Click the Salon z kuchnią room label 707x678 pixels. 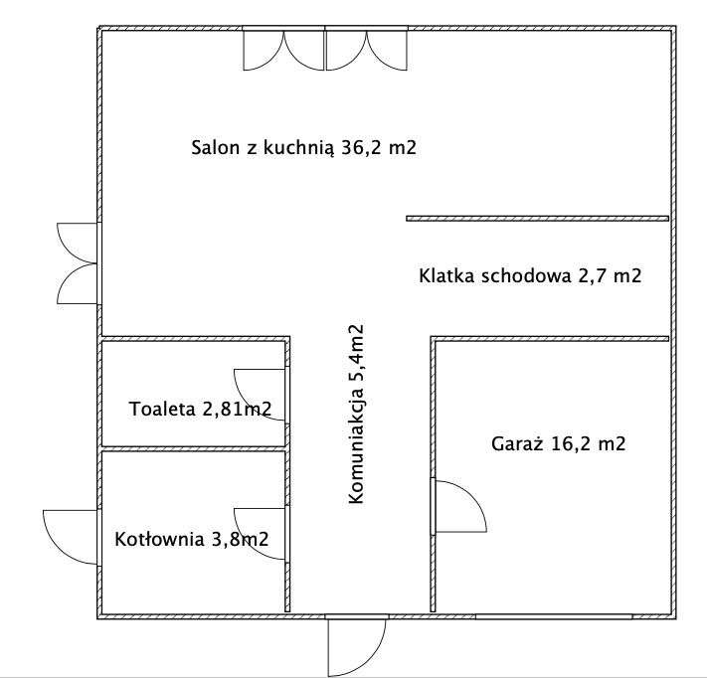(x=302, y=149)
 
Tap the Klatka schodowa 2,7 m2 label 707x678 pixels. (x=530, y=275)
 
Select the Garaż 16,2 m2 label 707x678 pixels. (x=558, y=443)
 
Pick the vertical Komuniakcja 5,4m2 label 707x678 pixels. (x=356, y=416)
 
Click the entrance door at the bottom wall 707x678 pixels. (x=356, y=646)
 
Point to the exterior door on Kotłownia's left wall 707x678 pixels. (x=72, y=537)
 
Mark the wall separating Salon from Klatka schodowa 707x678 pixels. (x=537, y=218)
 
